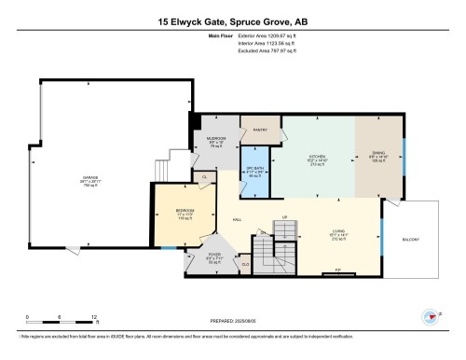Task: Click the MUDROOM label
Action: click(216, 141)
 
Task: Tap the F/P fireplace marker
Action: click(337, 271)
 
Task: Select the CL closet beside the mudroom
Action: click(205, 174)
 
